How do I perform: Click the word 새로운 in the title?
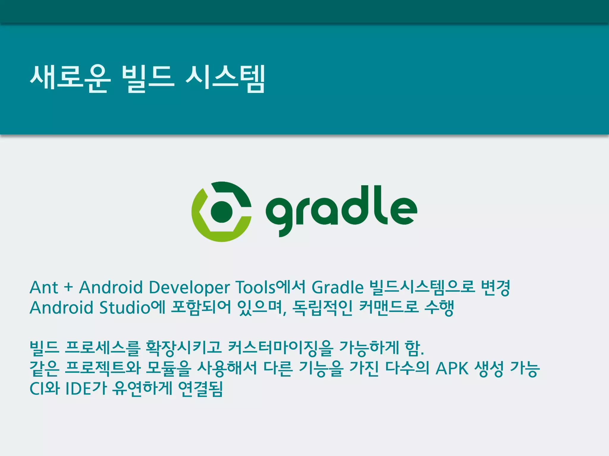pos(70,78)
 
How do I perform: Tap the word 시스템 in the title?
pos(225,78)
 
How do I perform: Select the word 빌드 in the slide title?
pos(148,78)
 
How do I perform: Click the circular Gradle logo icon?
pos(222,211)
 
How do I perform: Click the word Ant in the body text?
pos(44,287)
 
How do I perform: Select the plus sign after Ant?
pos(68,287)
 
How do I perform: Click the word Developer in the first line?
pos(189,288)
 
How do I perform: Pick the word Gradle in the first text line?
pos(338,287)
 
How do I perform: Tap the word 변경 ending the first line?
pos(495,287)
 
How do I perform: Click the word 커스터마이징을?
pos(280,348)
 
